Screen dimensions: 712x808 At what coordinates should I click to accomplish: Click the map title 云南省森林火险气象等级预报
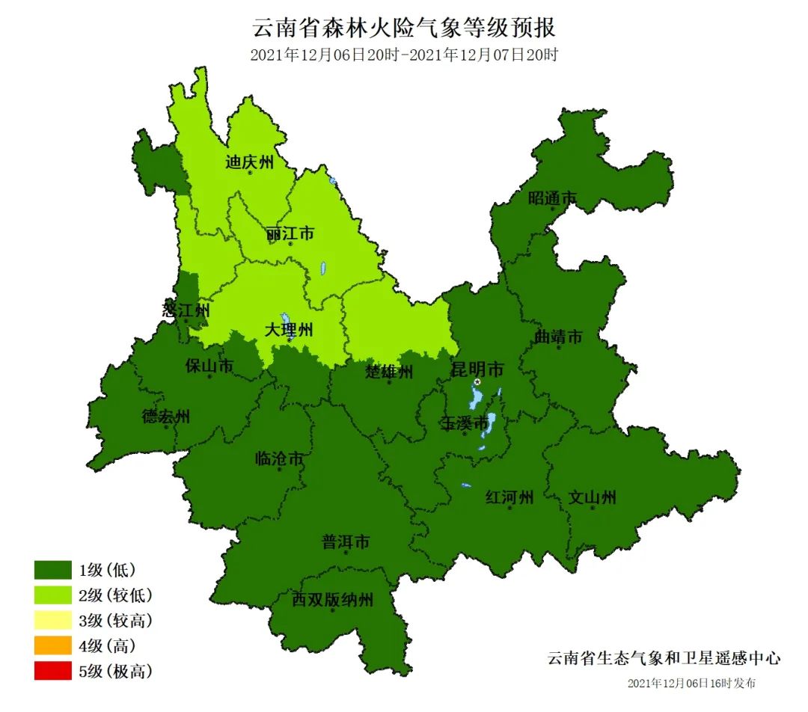click(x=404, y=28)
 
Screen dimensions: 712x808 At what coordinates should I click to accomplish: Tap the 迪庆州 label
click(x=250, y=162)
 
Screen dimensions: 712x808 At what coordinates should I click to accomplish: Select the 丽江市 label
click(x=290, y=234)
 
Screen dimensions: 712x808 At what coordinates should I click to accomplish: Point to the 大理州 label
click(x=290, y=330)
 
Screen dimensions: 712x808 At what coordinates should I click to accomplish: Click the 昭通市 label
click(x=553, y=198)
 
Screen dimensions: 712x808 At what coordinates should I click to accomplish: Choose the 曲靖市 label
click(x=558, y=337)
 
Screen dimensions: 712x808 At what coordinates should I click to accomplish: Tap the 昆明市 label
click(x=477, y=369)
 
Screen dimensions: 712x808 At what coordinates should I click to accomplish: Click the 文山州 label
click(x=592, y=497)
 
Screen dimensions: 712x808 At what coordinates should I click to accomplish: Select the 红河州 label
click(x=509, y=497)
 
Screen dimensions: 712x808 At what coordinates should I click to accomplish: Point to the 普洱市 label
click(x=346, y=542)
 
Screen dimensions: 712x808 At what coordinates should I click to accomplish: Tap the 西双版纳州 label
click(x=332, y=600)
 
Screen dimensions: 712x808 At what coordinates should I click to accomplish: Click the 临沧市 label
click(x=279, y=458)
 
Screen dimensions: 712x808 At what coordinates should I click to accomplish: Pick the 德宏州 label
click(x=166, y=417)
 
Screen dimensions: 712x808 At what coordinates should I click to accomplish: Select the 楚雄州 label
click(x=389, y=372)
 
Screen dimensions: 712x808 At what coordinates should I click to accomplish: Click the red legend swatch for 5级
click(x=52, y=671)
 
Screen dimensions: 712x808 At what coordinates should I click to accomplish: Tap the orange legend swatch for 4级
click(x=52, y=645)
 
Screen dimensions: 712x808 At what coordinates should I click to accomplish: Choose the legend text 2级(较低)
click(x=116, y=595)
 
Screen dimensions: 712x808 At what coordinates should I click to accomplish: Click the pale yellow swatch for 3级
click(x=52, y=621)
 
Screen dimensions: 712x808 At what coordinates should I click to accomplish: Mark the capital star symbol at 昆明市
click(x=477, y=382)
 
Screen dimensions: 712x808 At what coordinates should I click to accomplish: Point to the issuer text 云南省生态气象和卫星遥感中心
click(x=664, y=659)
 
